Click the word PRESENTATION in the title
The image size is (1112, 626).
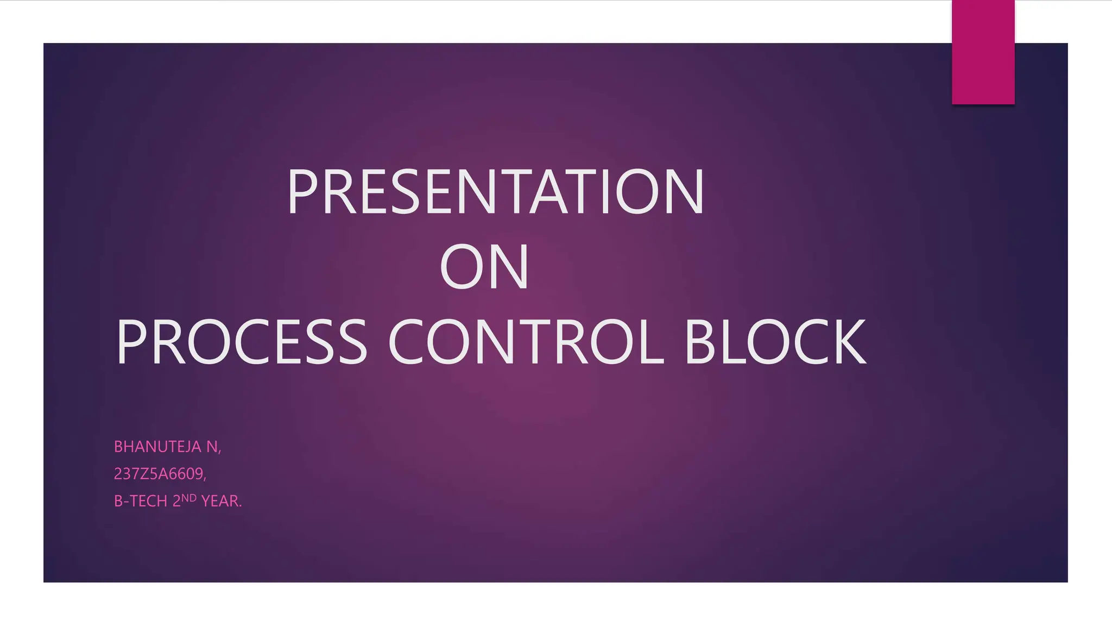(x=495, y=192)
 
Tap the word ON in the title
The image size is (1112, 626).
(x=484, y=267)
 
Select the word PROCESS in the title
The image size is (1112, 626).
(x=242, y=342)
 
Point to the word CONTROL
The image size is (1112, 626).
(x=526, y=342)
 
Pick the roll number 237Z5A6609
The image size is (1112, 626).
(x=159, y=474)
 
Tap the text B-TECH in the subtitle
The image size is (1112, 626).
(x=141, y=501)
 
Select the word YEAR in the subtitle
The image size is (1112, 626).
(x=219, y=501)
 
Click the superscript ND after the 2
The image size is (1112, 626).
(x=189, y=497)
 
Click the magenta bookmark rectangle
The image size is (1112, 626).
(x=983, y=52)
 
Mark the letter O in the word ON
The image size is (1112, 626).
(x=461, y=267)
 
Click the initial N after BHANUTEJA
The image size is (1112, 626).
(x=211, y=447)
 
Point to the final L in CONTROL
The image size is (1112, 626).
(x=650, y=342)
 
